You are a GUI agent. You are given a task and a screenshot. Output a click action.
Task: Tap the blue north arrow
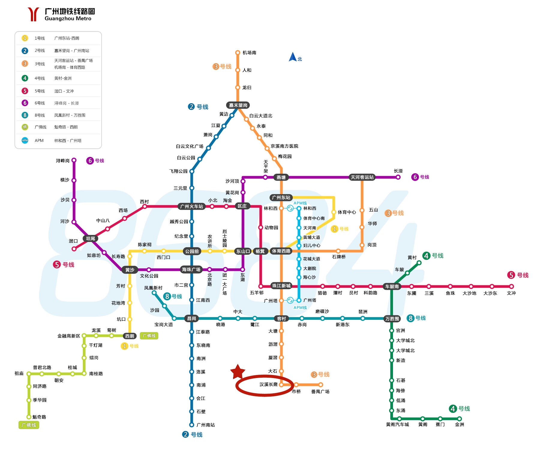point(292,57)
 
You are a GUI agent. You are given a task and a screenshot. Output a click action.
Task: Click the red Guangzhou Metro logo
point(33,14)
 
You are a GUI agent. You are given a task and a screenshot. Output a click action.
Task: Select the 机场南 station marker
point(238,52)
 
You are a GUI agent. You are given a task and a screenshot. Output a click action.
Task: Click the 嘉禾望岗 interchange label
point(238,105)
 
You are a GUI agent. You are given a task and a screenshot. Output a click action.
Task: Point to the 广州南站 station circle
point(192,425)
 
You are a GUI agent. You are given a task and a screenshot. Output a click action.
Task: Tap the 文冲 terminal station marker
point(511,286)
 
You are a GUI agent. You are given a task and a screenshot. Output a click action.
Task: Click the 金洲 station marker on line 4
point(460,419)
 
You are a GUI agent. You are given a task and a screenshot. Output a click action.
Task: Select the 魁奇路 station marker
point(29,417)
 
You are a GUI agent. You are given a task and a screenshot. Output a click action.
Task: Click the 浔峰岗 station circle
point(74,160)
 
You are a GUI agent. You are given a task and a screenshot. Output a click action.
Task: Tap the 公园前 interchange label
point(192,251)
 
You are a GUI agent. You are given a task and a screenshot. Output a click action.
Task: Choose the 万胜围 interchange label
point(392,319)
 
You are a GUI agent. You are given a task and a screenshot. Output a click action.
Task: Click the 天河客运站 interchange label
point(362,177)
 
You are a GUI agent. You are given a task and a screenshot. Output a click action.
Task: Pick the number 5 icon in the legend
point(25,91)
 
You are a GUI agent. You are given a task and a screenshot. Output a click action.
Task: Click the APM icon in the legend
point(25,140)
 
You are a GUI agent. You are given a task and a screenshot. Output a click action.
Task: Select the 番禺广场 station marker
point(321,385)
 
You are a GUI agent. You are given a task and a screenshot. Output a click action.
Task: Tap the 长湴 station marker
point(398,177)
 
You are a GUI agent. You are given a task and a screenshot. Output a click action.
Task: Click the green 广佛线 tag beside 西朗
point(149,336)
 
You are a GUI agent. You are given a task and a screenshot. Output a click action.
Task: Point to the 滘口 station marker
point(74,249)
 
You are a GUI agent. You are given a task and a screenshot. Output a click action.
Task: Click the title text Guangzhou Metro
point(68,19)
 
